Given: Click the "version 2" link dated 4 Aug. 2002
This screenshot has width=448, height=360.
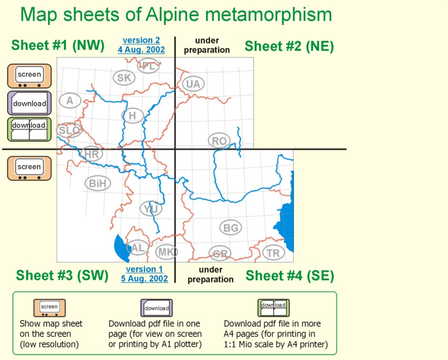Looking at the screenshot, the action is tap(141, 45).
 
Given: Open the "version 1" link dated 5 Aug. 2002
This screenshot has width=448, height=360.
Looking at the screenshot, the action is tap(144, 274).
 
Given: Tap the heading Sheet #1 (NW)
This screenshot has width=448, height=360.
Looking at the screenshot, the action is tap(58, 45).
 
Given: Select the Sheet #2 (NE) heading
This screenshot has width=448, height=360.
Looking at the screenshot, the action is tap(289, 46).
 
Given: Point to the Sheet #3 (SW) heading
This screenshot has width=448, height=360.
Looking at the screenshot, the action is tap(62, 275).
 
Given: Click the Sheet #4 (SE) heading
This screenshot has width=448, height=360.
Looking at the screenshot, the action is tap(290, 276).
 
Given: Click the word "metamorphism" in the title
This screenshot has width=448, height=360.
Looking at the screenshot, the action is tap(268, 14).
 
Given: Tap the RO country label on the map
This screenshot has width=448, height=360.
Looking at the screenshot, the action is tap(219, 141).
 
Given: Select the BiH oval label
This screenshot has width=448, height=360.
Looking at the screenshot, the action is tap(98, 183).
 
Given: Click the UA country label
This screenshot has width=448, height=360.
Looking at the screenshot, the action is tap(193, 84).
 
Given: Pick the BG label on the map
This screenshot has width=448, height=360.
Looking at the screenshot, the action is tap(230, 228).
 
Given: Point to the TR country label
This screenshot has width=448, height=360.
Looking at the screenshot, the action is tap(273, 253).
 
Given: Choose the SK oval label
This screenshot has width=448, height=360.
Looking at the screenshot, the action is tap(124, 78).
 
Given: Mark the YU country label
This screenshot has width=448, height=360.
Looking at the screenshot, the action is tap(151, 209).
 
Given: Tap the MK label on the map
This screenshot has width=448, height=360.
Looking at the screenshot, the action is tap(166, 252).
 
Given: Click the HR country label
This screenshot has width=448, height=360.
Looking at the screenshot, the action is tap(92, 154).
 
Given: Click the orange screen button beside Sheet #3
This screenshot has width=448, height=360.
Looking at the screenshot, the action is tap(29, 169).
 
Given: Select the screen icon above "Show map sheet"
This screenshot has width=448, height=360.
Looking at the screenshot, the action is tap(49, 308).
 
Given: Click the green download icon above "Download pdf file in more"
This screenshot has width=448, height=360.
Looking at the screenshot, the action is tap(273, 308).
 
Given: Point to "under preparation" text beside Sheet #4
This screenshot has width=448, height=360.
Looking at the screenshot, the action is tap(211, 274).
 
